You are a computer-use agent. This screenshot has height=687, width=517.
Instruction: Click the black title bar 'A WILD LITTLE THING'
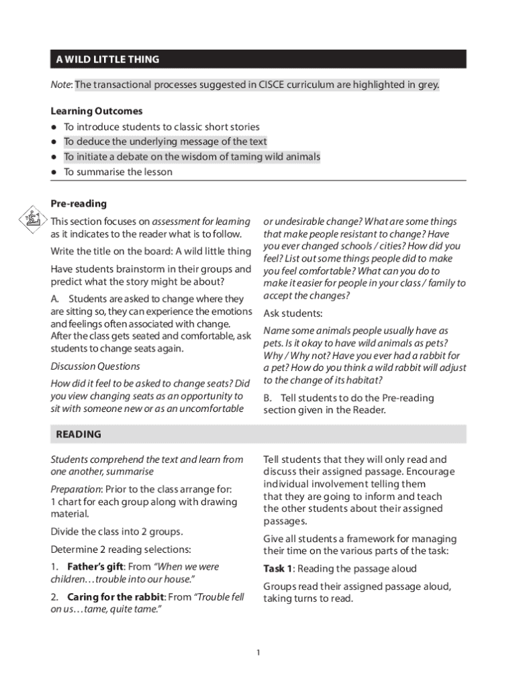coord(258,59)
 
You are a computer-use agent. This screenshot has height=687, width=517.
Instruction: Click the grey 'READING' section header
coord(258,434)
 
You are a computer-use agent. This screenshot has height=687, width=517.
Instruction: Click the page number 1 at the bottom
coord(258,652)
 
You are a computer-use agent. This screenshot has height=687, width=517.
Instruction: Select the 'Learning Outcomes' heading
coord(96,111)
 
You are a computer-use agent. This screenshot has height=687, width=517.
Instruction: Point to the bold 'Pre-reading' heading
coord(79,203)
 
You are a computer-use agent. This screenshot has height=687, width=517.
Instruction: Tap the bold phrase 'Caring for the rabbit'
coord(115,596)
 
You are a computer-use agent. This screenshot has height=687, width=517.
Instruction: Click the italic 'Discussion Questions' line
coord(95,366)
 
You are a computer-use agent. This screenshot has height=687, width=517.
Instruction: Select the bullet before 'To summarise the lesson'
coord(54,172)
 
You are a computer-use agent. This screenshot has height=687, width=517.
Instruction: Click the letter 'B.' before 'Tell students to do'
coord(269,398)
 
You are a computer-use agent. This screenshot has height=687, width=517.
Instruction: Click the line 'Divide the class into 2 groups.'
coord(116,531)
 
